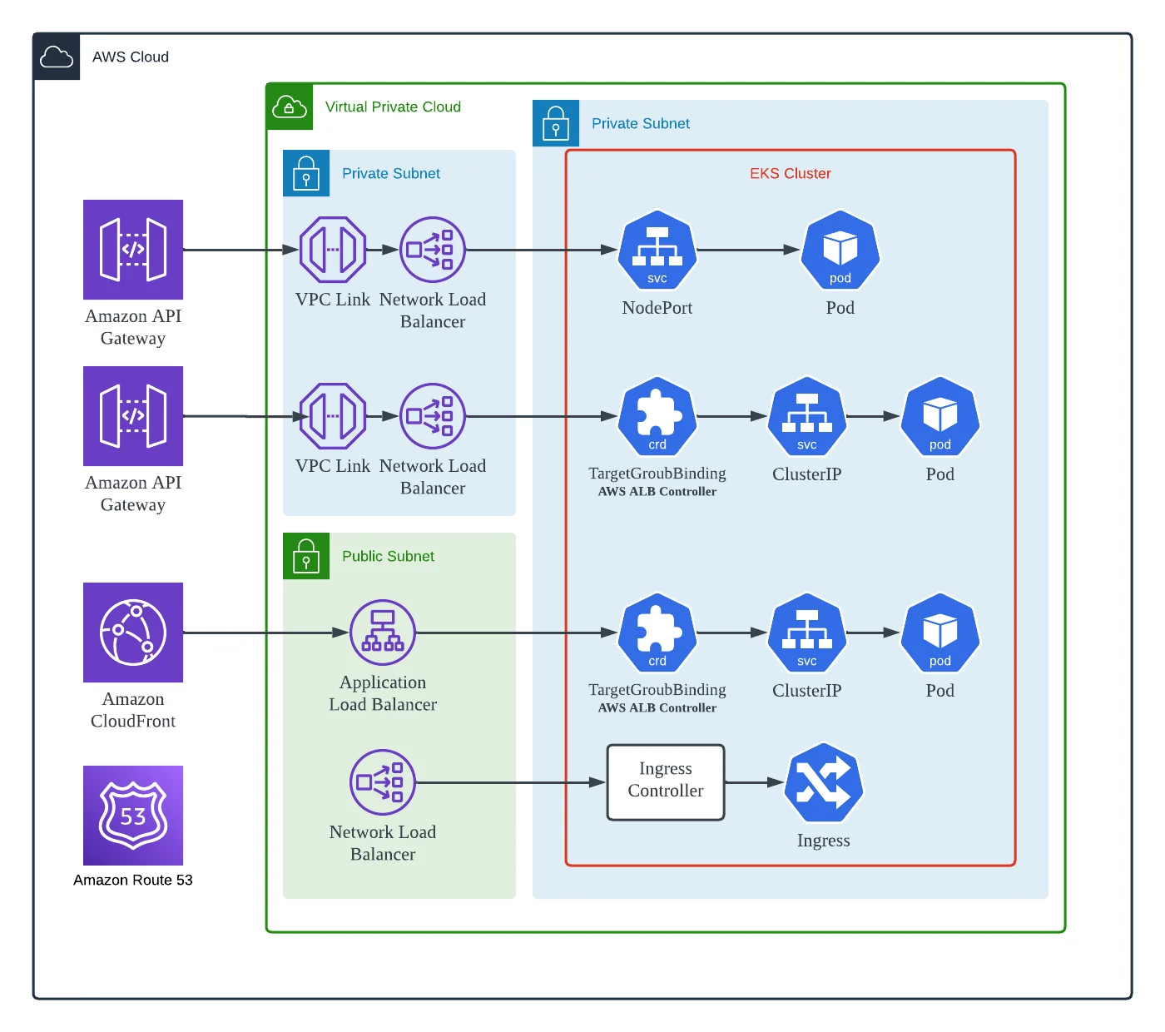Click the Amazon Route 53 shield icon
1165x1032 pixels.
pos(133,815)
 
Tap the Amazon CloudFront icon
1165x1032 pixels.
pos(133,633)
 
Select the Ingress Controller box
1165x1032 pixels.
pos(666,782)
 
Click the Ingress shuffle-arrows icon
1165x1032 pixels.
pos(823,782)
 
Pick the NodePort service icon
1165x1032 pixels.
pos(657,251)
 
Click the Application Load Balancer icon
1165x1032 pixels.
pos(383,633)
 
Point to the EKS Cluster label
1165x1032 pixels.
pos(790,173)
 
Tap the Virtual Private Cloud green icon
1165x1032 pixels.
pos(290,107)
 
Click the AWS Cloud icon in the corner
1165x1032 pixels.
pos(57,57)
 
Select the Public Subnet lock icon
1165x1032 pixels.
pos(306,556)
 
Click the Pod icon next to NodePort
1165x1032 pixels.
pos(840,251)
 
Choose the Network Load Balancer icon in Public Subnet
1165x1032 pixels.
pos(383,782)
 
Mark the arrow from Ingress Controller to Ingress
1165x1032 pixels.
pos(754,782)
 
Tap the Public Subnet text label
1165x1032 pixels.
pos(388,556)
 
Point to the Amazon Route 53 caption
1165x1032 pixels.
pos(133,880)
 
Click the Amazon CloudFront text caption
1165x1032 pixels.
pos(133,710)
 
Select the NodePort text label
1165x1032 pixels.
pos(657,308)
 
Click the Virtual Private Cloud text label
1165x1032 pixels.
pos(393,107)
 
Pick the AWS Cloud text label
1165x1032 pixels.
pos(131,57)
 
